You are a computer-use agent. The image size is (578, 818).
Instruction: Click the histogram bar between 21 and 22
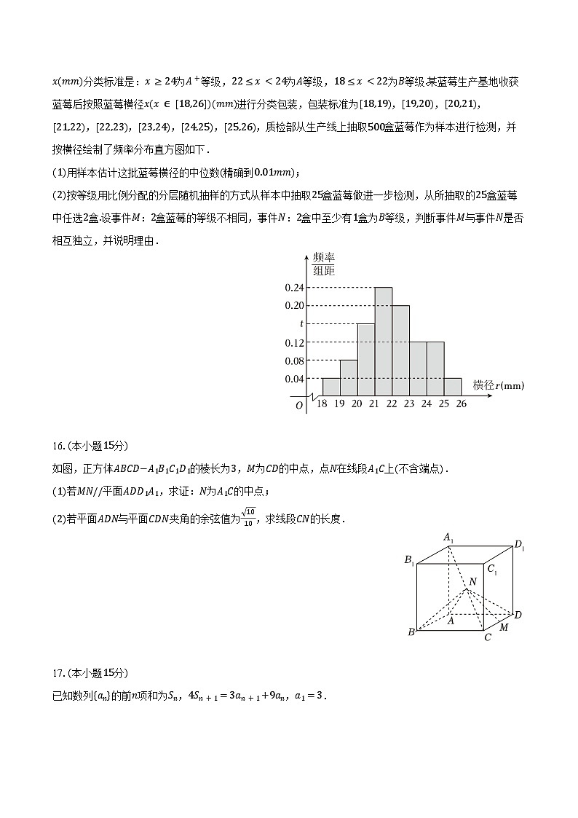tap(384, 342)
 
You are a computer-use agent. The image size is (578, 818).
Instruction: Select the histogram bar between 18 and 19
tap(331, 387)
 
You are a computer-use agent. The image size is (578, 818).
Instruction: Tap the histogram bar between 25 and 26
tap(453, 387)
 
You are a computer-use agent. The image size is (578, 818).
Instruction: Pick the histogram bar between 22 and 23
tap(401, 350)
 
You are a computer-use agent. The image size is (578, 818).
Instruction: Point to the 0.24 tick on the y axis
tap(294, 288)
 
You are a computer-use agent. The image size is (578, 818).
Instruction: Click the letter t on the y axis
tap(301, 324)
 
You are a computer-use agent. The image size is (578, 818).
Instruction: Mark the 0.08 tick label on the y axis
tap(294, 361)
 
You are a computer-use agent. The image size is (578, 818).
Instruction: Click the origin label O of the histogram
tap(299, 406)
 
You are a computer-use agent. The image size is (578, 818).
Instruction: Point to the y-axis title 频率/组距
tap(323, 264)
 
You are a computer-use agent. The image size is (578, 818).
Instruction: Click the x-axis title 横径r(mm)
tap(498, 385)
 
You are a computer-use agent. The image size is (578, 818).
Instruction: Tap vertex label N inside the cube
tap(472, 581)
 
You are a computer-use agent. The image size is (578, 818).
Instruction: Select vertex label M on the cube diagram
tap(504, 627)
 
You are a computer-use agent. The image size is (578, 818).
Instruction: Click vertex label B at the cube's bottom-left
tap(411, 632)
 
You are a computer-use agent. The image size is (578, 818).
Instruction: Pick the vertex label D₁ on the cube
tap(519, 545)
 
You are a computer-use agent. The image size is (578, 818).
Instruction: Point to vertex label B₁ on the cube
tap(409, 560)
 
